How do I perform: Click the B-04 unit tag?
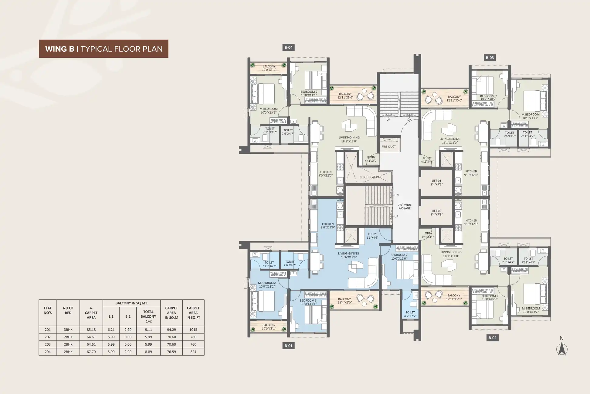pyautogui.click(x=288, y=47)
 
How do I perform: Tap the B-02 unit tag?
pyautogui.click(x=492, y=337)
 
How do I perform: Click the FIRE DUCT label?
pyautogui.click(x=388, y=147)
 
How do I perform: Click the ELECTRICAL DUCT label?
pyautogui.click(x=371, y=177)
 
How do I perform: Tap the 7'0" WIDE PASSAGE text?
pyautogui.click(x=405, y=206)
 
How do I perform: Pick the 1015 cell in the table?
pyautogui.click(x=193, y=330)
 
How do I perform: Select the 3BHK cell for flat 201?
pyautogui.click(x=68, y=330)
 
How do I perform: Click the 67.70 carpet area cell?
pyautogui.click(x=91, y=352)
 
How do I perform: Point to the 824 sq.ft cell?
pyautogui.click(x=193, y=352)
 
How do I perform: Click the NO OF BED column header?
pyautogui.click(x=68, y=310)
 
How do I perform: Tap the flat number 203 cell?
pyautogui.click(x=48, y=344)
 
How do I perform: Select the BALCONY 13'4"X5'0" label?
pyautogui.click(x=344, y=301)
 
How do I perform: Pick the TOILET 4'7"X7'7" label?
pyautogui.click(x=410, y=314)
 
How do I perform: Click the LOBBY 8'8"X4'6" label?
pyautogui.click(x=372, y=236)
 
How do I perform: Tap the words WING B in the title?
pyautogui.click(x=60, y=49)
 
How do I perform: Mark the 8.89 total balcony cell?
pyautogui.click(x=148, y=352)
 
